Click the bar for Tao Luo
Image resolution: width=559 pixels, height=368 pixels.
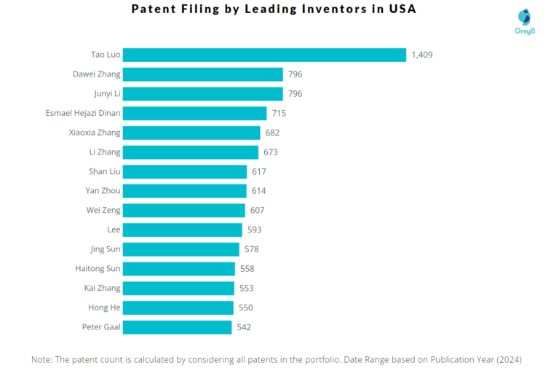pos(264,55)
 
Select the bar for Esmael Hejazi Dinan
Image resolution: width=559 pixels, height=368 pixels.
pos(194,113)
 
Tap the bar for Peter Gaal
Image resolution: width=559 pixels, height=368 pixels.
pos(177,327)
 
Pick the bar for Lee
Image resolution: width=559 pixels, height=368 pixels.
pos(182,230)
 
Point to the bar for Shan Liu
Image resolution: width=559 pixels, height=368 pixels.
pos(185,171)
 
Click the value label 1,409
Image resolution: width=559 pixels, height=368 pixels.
pos(422,55)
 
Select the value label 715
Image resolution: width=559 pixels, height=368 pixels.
pos(279,113)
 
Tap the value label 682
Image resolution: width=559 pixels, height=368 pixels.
pos(272,133)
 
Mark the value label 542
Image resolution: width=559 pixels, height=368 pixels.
pos(244,327)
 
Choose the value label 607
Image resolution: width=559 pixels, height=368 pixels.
pos(257,211)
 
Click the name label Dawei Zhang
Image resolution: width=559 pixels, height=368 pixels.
pos(97,74)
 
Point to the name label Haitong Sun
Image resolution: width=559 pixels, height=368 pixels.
pos(98,269)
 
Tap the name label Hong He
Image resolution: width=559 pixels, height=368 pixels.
pos(105,308)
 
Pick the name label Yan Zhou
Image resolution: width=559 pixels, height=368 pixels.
pos(103,191)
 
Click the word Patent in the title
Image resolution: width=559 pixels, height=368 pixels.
pos(155,10)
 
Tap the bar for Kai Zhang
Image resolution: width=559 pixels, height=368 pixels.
pos(178,288)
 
